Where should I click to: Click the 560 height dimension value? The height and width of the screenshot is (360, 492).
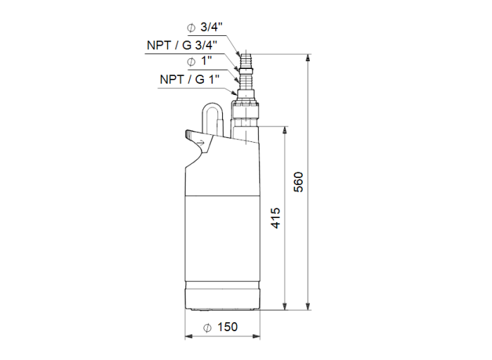(298, 181)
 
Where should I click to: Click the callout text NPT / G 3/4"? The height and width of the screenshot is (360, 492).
(182, 44)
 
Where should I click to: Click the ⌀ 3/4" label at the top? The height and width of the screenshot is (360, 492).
(205, 28)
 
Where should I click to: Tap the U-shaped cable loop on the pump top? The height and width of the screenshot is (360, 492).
(213, 118)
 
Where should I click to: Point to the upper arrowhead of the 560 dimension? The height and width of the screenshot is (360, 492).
(307, 56)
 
